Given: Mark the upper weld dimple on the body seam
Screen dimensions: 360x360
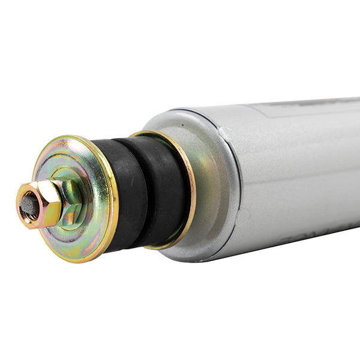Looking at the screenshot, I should click(223, 130).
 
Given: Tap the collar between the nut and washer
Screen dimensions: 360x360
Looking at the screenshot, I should click(69, 207).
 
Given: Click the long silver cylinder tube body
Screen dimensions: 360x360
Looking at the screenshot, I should click(300, 174).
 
